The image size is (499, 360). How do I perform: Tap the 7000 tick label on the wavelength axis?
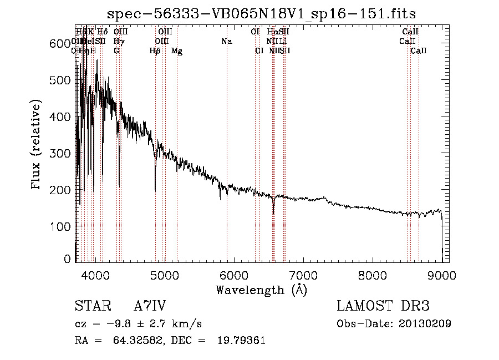(303, 275)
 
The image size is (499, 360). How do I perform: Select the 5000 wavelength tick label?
(164, 275)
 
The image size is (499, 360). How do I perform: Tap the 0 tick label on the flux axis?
(68, 259)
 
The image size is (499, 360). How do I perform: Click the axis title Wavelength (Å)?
(261, 290)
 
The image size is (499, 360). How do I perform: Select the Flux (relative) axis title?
(37, 145)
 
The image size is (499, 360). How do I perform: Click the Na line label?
(226, 42)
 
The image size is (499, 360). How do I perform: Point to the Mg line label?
(177, 51)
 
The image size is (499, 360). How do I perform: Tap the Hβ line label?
(155, 51)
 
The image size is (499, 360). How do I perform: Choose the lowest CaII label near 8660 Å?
(419, 51)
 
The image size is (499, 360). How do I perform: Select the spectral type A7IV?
(150, 306)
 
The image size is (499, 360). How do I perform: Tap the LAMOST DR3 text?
(383, 306)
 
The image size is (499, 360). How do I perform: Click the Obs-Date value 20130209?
(426, 323)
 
